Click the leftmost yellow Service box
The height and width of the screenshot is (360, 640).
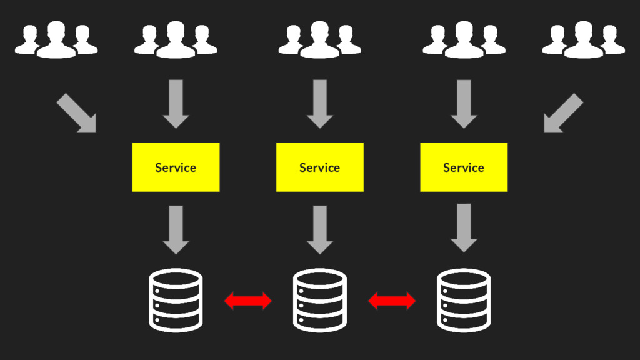click(x=176, y=167)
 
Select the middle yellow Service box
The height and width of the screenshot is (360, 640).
click(x=319, y=167)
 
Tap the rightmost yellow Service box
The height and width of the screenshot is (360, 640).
click(x=464, y=167)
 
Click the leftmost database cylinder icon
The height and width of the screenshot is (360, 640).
click(x=176, y=300)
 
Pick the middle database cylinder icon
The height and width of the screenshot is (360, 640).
click(x=319, y=300)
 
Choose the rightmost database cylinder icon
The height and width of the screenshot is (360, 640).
click(x=463, y=300)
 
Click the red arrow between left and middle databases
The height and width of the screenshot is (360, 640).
click(x=248, y=301)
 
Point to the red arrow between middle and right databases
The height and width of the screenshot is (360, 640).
click(x=392, y=301)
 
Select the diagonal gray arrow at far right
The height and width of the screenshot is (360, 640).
click(x=562, y=114)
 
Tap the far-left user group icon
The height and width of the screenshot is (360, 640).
click(x=56, y=40)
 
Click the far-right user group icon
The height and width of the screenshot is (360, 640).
click(x=583, y=40)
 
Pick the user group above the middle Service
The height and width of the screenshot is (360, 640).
click(x=319, y=40)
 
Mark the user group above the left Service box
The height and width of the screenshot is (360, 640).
click(x=176, y=40)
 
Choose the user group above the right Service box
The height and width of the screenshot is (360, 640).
click(x=464, y=40)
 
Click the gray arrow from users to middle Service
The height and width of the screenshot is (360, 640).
click(x=320, y=104)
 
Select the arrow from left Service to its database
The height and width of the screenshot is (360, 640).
click(x=176, y=229)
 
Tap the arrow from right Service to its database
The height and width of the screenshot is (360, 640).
click(x=464, y=228)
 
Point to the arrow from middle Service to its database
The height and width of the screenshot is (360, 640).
click(x=320, y=229)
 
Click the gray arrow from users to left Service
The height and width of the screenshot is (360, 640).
click(x=176, y=104)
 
